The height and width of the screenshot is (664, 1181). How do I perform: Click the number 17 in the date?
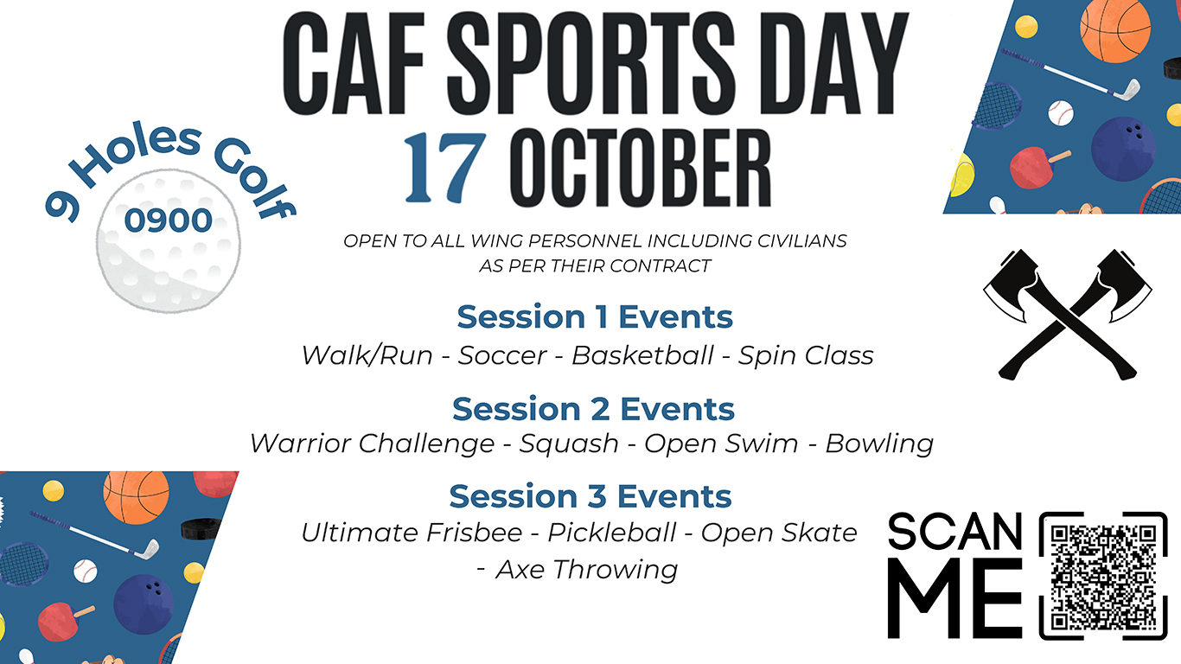point(443,167)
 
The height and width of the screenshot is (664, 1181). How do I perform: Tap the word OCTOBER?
point(647,167)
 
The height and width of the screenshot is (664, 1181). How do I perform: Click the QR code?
point(1108,575)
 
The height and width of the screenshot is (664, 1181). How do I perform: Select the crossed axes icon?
point(1068,314)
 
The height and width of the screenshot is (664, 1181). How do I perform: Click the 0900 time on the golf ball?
point(168,220)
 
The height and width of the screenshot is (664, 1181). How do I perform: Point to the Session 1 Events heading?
point(595,316)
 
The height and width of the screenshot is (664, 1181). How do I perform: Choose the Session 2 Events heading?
point(593,408)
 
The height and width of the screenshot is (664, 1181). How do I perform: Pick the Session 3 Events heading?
point(590,496)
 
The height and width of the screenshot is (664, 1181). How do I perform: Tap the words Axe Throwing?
point(586,570)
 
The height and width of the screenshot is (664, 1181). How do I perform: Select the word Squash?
point(569,444)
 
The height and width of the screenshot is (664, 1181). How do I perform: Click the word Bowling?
point(879,444)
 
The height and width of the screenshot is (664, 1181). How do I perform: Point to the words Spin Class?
point(806,355)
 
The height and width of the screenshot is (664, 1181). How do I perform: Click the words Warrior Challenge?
point(372,444)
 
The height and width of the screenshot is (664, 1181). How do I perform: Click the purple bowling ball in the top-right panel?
point(1123,148)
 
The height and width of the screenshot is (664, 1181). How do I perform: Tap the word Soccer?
point(502,355)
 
